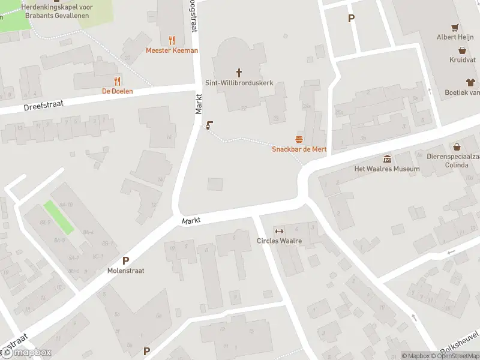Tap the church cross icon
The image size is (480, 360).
pyautogui.click(x=239, y=73)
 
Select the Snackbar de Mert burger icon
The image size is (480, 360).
pyautogui.click(x=299, y=139)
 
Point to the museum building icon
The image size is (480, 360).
pyautogui.click(x=387, y=159)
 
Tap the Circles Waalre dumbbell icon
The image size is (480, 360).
pyautogui.click(x=278, y=232)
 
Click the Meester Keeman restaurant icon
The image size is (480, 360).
pyautogui.click(x=172, y=40)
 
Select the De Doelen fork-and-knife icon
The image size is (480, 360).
pyautogui.click(x=117, y=81)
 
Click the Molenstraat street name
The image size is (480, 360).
pyautogui.click(x=126, y=271)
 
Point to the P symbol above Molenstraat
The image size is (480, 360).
pyautogui.click(x=126, y=260)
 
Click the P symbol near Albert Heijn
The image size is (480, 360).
pyautogui.click(x=351, y=18)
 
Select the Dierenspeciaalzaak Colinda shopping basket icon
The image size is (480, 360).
pyautogui.click(x=457, y=147)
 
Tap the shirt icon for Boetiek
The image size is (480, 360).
pyautogui.click(x=470, y=82)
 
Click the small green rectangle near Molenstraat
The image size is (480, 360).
pyautogui.click(x=59, y=217)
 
